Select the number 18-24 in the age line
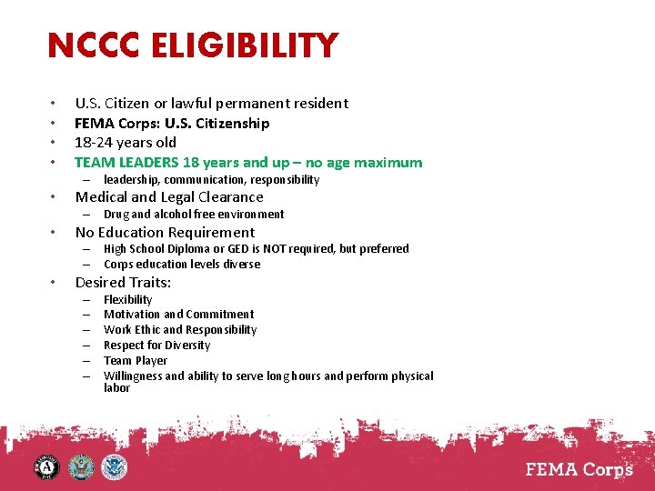coord(94,143)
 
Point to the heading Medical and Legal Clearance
coord(169,197)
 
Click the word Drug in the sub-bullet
coord(116,215)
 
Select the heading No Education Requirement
coord(165,232)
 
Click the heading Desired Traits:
coord(123,282)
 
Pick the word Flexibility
coord(128,300)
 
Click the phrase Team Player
coord(136,361)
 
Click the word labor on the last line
coord(116,388)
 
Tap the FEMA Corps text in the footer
coord(579,471)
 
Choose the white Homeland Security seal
coord(115,468)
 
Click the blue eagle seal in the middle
coord(81,468)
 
